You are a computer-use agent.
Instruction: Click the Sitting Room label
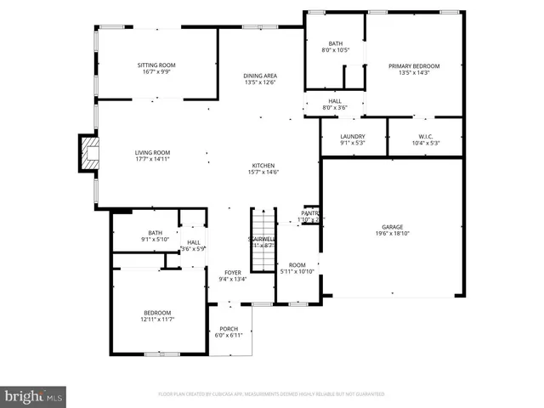coord(156,65)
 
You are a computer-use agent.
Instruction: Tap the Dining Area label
coord(260,76)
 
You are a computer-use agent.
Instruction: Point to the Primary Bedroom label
coord(414,65)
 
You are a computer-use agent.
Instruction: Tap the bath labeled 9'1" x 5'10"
coord(155,233)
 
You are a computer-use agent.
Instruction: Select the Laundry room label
coord(352,137)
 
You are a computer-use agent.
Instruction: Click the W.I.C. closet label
coord(426,137)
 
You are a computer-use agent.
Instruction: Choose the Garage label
coord(392,227)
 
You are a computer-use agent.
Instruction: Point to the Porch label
coord(229,329)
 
